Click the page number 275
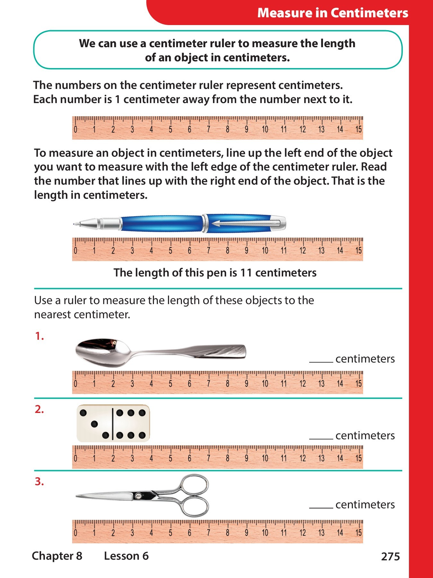pos(390,556)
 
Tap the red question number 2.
pos(39,410)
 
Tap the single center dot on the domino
pos(94,424)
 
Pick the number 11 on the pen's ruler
pos(284,251)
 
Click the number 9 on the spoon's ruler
pos(246,384)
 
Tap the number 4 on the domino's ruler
pos(151,459)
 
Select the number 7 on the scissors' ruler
pos(208,533)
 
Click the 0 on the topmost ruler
pos(75,130)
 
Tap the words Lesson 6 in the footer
pos(126,556)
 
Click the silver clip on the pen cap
pos(247,223)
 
